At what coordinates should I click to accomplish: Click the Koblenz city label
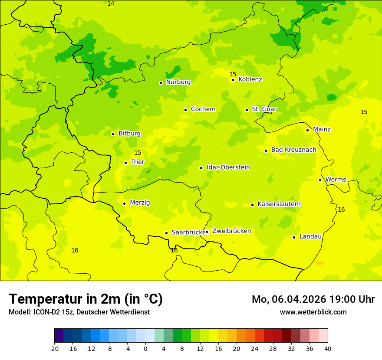[250, 79]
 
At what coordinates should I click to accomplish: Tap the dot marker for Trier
[125, 163]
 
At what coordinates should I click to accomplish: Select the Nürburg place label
[178, 82]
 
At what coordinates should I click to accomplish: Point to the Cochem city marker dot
[185, 110]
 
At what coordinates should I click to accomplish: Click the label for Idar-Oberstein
[228, 167]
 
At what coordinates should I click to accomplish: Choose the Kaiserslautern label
[279, 204]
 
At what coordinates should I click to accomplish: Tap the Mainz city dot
[307, 130]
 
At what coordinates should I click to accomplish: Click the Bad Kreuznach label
[293, 150]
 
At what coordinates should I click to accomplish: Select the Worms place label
[335, 180]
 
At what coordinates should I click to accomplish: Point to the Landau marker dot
[294, 237]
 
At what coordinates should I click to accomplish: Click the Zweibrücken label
[231, 231]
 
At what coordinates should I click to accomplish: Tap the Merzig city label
[140, 203]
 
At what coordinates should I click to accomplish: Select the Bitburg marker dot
[113, 134]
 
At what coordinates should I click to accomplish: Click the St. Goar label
[264, 109]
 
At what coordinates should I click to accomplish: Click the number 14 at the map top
[111, 4]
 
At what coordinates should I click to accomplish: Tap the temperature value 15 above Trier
[138, 153]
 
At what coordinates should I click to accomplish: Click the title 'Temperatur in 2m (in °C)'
[86, 299]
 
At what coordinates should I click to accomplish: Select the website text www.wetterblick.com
[313, 312]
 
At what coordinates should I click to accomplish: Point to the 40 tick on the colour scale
[328, 348]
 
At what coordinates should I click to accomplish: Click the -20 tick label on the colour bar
[54, 348]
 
